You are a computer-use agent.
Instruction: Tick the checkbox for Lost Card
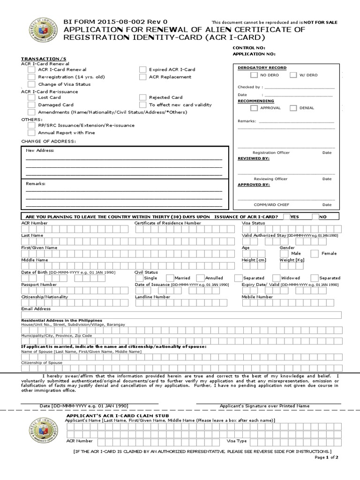point(31,97)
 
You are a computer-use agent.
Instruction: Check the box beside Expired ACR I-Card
point(142,69)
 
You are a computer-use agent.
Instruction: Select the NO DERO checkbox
point(254,75)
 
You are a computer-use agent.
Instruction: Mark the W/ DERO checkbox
point(293,75)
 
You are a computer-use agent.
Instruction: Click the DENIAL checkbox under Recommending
point(293,108)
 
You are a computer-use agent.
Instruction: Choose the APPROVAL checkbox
point(254,108)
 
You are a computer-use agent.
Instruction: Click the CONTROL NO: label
point(249,48)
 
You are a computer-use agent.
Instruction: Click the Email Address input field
point(181,315)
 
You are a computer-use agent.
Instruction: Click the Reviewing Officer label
point(270,179)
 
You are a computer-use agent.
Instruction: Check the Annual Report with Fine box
point(31,133)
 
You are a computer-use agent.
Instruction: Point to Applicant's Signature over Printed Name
point(264,406)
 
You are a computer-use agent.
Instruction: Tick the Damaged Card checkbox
point(31,105)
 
